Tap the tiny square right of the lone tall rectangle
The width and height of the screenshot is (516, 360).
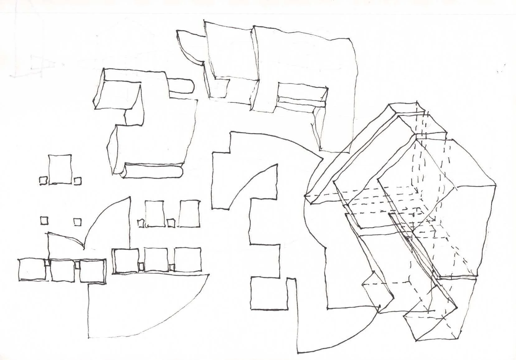[x=78, y=181]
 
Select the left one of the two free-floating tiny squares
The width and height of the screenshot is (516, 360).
[x=45, y=220]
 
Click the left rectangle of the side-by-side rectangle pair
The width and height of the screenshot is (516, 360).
[x=155, y=214]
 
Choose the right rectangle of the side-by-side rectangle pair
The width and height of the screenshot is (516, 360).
[x=189, y=214]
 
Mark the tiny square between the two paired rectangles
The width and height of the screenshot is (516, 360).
[x=171, y=223]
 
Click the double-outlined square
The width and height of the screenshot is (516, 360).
[x=126, y=261]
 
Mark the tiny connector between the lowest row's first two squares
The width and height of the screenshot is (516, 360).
[x=47, y=263]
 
